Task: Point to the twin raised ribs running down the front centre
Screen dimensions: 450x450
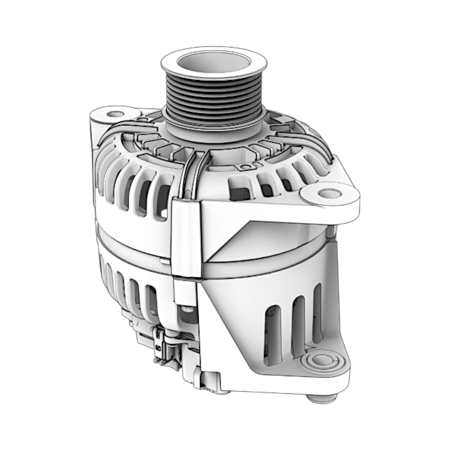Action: click(x=192, y=174)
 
